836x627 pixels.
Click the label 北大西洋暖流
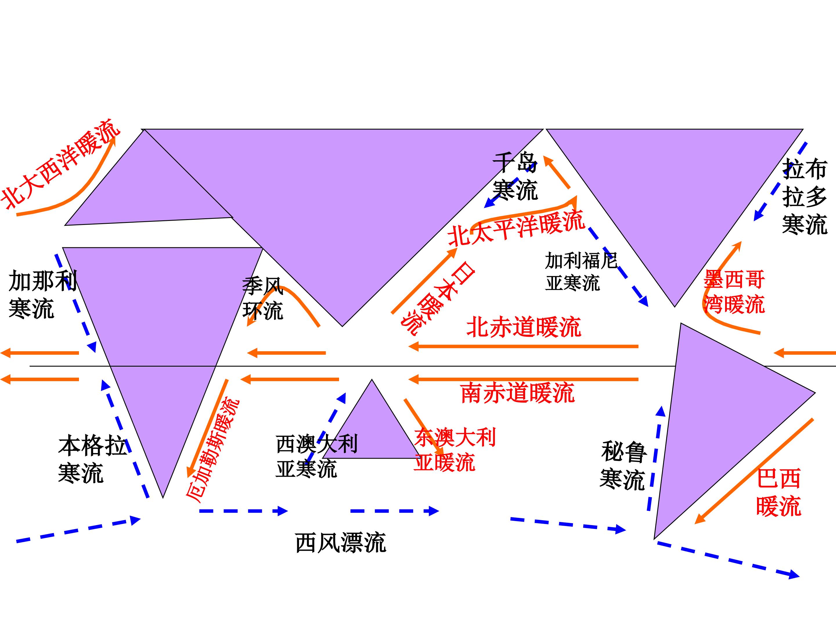click(x=60, y=164)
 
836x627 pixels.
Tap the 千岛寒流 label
click(x=515, y=176)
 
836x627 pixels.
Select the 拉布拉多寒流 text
click(x=805, y=197)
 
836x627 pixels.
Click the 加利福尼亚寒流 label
click(x=581, y=271)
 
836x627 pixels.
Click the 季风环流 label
click(x=263, y=299)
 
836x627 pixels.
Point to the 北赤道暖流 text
click(x=524, y=327)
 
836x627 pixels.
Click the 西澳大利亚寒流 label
click(x=317, y=457)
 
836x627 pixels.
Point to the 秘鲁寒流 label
click(x=624, y=466)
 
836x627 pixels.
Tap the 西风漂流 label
click(x=340, y=543)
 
